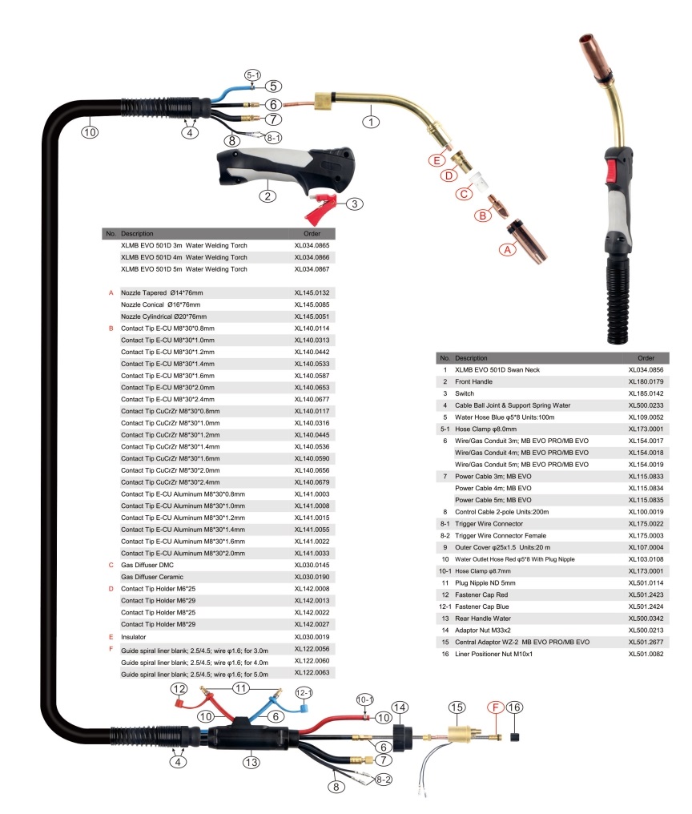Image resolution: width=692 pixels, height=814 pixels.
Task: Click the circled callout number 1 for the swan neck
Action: point(371,122)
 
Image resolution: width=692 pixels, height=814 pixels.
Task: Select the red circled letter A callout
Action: point(505,250)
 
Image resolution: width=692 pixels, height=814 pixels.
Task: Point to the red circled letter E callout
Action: point(437,160)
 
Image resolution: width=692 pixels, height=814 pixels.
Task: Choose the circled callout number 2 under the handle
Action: point(268,193)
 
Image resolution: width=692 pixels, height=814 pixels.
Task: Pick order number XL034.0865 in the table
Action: point(312,246)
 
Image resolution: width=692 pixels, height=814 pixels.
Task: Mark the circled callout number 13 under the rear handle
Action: point(252,763)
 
